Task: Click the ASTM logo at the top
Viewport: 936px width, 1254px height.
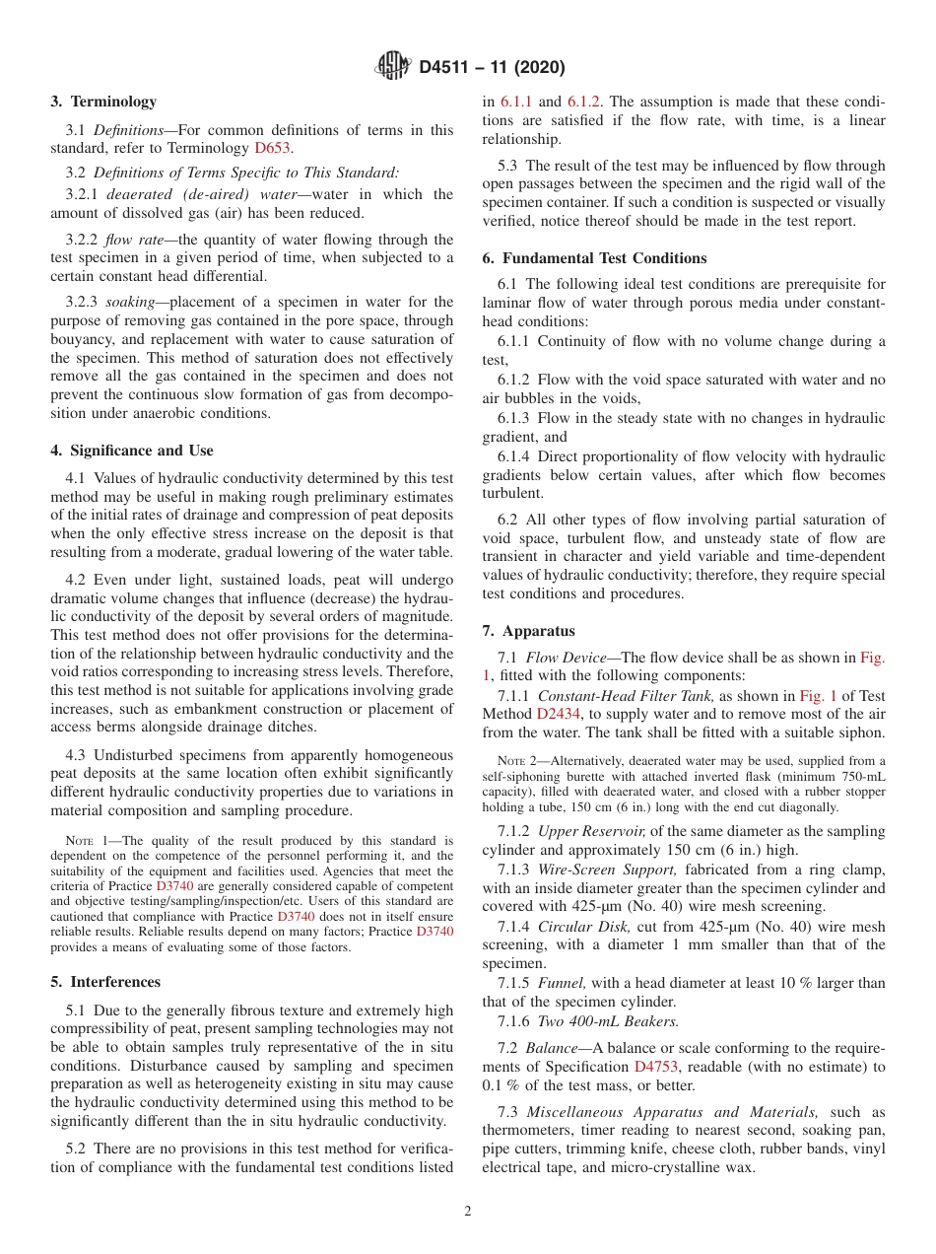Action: [394, 68]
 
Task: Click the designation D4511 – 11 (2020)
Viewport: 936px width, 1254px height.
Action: [491, 68]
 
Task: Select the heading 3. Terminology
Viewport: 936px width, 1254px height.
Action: [103, 102]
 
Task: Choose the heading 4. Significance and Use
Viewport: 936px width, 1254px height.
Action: [132, 451]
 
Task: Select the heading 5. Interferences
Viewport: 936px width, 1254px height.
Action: [105, 982]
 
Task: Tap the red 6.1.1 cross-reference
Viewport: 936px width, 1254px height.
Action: [516, 102]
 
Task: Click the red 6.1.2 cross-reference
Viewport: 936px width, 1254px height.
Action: [584, 102]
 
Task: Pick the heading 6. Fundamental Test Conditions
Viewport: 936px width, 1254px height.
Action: [594, 258]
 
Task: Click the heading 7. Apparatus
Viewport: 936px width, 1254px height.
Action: [529, 631]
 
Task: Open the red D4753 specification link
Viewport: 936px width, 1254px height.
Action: [655, 1067]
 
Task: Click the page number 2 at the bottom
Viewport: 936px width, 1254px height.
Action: [468, 1212]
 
